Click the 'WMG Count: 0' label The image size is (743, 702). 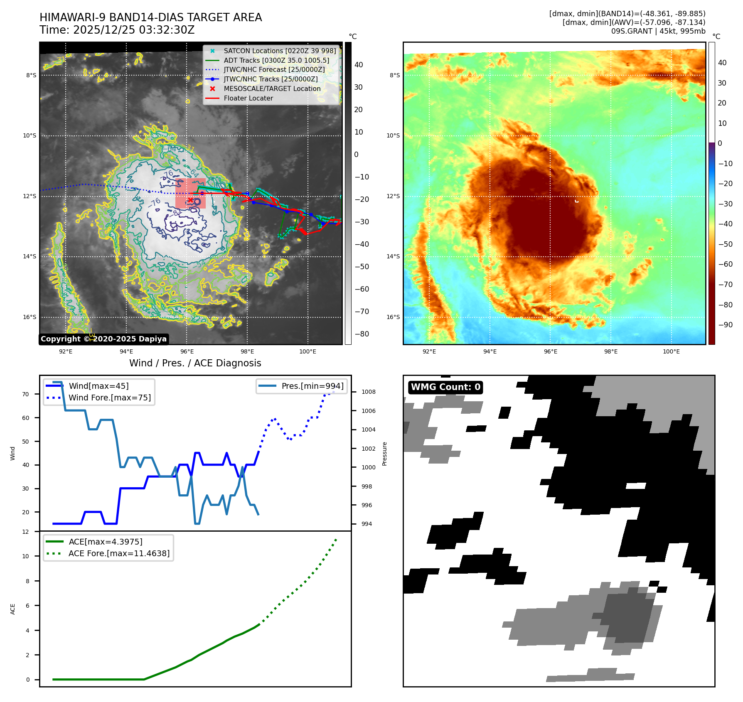pyautogui.click(x=445, y=387)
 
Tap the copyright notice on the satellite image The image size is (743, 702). pyautogui.click(x=103, y=339)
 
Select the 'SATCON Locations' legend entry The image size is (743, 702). pyautogui.click(x=280, y=51)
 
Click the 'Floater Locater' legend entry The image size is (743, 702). pyautogui.click(x=248, y=98)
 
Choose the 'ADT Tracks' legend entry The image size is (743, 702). pyautogui.click(x=276, y=60)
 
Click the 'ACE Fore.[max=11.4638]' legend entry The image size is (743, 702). pyautogui.click(x=119, y=553)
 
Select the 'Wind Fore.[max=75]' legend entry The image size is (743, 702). pyautogui.click(x=110, y=398)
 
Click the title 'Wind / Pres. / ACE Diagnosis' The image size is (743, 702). pyautogui.click(x=195, y=363)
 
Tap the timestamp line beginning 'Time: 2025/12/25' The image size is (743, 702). pyautogui.click(x=117, y=30)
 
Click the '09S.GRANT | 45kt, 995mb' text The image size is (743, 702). pyautogui.click(x=658, y=31)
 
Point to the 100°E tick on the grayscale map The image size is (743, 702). pyautogui.click(x=308, y=351)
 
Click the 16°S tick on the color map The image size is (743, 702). pyautogui.click(x=393, y=317)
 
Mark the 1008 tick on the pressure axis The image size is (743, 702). pyautogui.click(x=368, y=392)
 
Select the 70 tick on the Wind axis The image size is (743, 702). pyautogui.click(x=26, y=394)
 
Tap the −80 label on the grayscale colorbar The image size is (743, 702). pyautogui.click(x=362, y=334)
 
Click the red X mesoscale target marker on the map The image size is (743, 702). pyautogui.click(x=190, y=200)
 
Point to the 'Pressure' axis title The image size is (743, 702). pyautogui.click(x=384, y=454)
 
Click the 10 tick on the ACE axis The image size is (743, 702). pyautogui.click(x=26, y=556)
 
